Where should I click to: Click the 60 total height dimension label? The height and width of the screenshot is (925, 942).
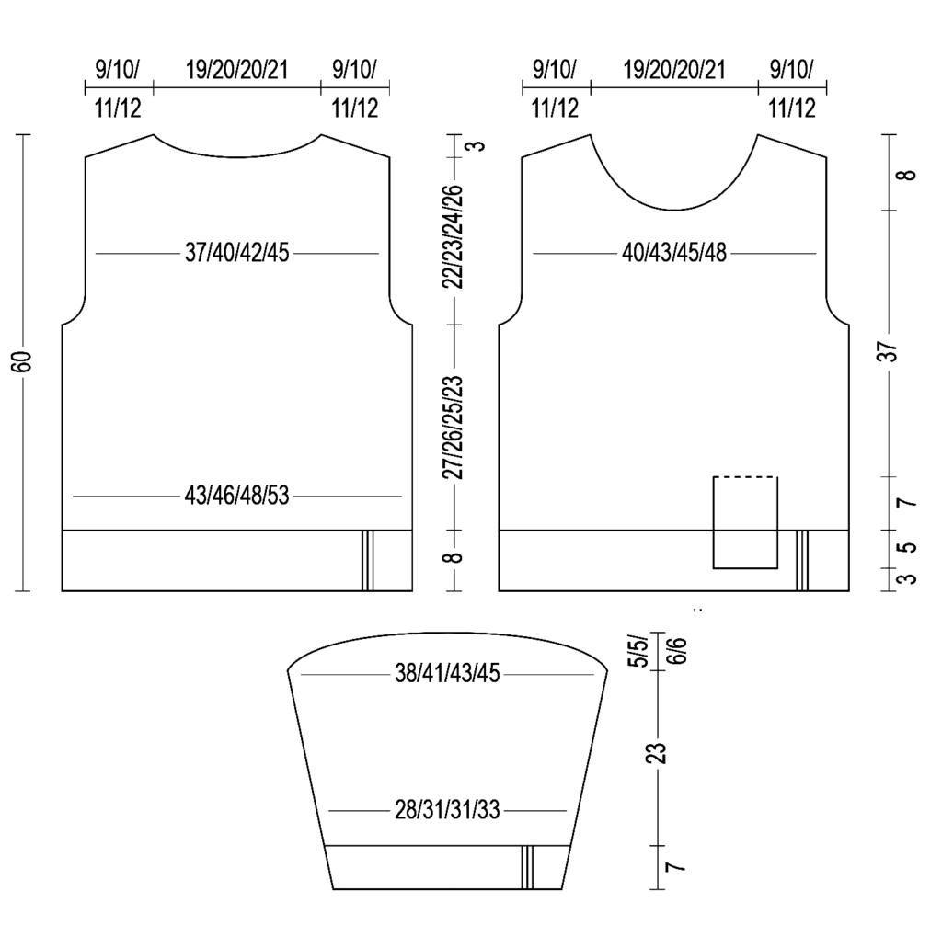[x=23, y=361]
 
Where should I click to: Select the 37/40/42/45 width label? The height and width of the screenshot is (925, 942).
[x=236, y=253]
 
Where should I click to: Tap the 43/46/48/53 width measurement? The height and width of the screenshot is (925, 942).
[x=236, y=497]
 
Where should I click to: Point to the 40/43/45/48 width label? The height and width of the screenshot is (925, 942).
[x=674, y=253]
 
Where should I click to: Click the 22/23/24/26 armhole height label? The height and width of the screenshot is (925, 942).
[x=454, y=237]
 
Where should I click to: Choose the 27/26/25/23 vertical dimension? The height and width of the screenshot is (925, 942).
[x=454, y=427]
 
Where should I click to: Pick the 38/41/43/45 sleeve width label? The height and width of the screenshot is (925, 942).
[x=447, y=674]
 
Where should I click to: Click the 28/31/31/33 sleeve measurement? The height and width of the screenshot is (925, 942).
[x=447, y=810]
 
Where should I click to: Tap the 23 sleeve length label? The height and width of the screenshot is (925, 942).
[x=659, y=753]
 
